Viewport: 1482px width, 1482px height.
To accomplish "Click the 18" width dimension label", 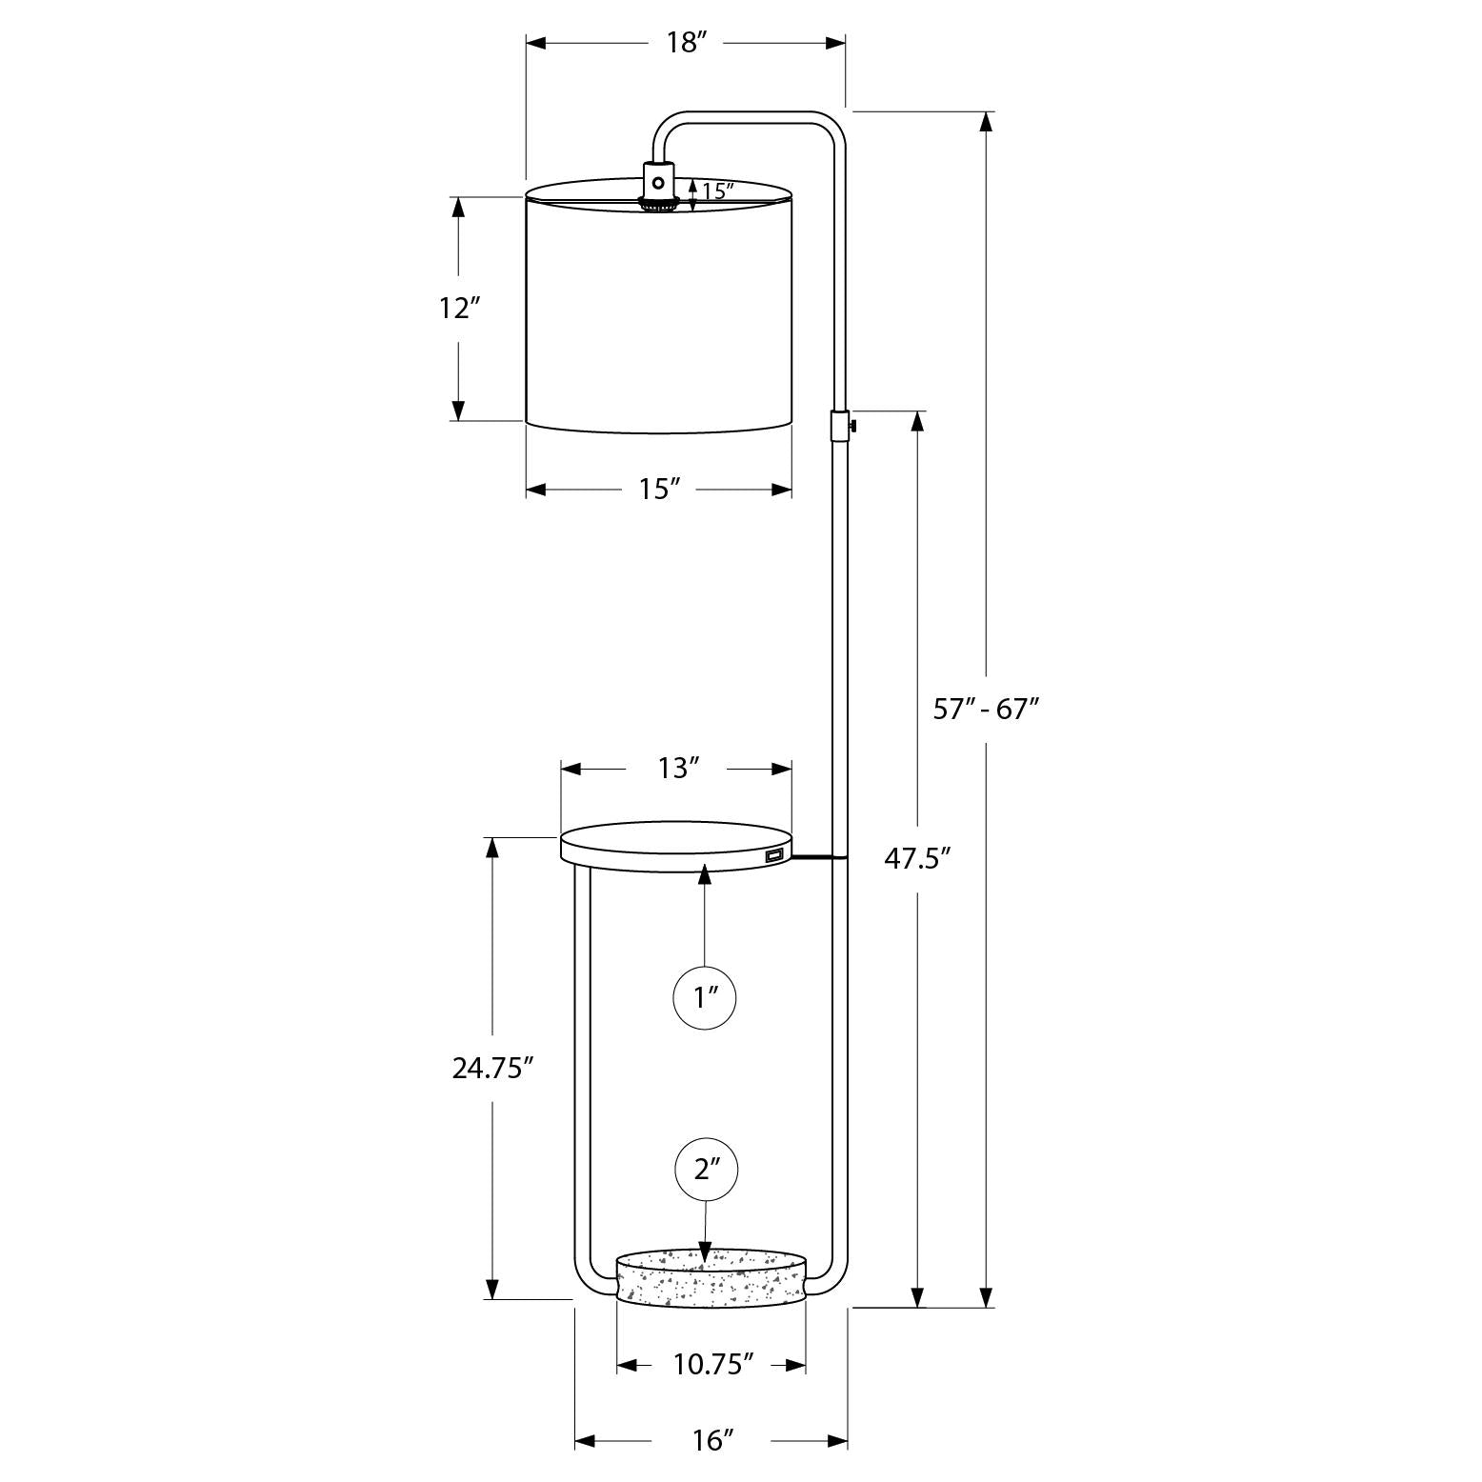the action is click(686, 43).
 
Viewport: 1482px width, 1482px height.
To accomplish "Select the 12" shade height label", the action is click(458, 309).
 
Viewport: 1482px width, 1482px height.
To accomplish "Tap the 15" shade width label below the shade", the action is click(658, 490).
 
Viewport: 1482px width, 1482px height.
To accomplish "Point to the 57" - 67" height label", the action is click(986, 709).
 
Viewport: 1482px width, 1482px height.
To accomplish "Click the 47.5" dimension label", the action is click(918, 859).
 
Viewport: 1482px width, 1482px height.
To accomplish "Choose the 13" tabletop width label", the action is click(679, 768).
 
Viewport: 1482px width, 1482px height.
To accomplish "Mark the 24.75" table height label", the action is click(491, 1069).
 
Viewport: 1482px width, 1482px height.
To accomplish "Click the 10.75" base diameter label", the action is click(713, 1365).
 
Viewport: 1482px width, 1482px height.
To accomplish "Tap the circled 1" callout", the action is click(705, 998).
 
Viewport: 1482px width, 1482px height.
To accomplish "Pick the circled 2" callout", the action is click(705, 1170).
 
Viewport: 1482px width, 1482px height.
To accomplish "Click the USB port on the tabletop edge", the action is click(772, 857).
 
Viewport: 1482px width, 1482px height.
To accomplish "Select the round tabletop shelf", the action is click(676, 849).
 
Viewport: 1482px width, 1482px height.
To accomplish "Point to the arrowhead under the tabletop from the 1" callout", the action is click(705, 871).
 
